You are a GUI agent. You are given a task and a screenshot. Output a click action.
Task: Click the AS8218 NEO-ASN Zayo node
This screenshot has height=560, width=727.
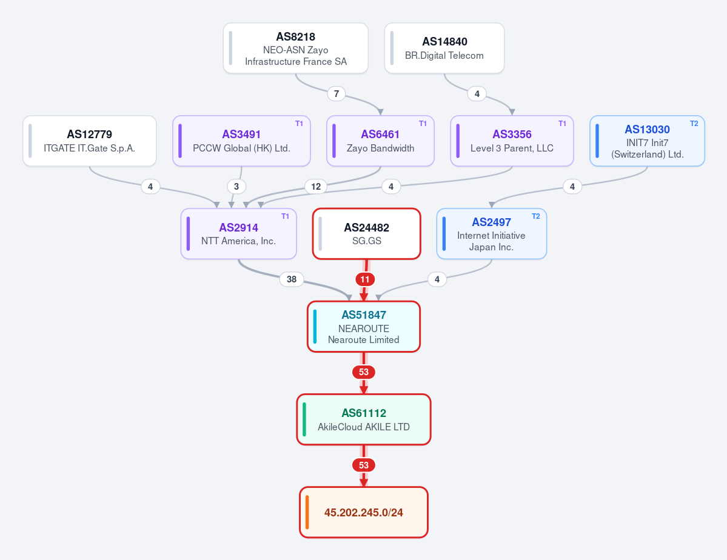[x=296, y=48]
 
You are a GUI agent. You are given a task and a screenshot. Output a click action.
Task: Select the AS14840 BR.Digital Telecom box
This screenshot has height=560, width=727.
[x=444, y=48]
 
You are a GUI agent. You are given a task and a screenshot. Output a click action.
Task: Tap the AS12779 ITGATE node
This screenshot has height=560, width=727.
[x=90, y=141]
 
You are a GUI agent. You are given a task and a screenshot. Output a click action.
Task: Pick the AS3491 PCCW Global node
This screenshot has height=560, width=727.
[x=241, y=141]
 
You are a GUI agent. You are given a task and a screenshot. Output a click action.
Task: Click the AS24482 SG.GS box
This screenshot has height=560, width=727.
[x=367, y=234]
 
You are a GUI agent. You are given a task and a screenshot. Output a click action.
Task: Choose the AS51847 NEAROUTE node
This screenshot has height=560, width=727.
[x=364, y=327]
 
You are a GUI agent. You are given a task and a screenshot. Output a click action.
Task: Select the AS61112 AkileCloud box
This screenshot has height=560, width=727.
[x=364, y=419]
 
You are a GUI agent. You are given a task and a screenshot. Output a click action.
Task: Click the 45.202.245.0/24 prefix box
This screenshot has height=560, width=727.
[x=364, y=512]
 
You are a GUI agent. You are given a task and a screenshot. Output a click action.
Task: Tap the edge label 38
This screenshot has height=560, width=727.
[x=292, y=279]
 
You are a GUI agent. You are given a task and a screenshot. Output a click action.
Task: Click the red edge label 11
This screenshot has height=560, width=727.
[x=365, y=279]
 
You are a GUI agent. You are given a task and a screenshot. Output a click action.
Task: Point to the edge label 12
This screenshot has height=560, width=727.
[x=316, y=186]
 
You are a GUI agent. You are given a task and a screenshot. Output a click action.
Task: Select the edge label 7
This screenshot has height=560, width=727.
[x=337, y=94]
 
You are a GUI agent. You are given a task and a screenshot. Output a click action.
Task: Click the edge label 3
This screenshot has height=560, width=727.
[x=236, y=186]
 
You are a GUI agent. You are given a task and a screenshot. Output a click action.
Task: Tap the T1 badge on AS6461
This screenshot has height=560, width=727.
[x=423, y=124]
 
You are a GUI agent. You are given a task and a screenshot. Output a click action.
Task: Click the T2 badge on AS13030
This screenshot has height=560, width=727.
[x=694, y=124]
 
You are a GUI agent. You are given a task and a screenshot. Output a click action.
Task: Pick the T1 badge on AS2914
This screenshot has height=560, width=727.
[x=285, y=216]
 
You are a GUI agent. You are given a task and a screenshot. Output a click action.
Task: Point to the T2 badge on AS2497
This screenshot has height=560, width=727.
[x=536, y=216]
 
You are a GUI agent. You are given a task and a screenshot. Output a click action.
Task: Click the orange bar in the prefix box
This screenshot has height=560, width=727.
[x=307, y=512]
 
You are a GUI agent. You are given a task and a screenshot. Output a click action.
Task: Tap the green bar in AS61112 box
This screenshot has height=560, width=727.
[x=304, y=419]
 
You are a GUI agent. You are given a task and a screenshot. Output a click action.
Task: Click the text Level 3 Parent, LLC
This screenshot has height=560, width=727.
[x=512, y=148]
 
